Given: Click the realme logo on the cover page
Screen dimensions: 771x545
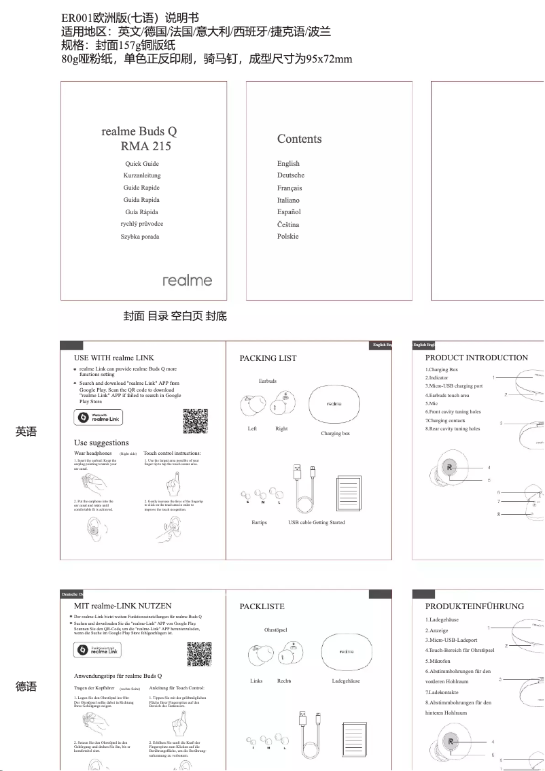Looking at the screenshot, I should click(187, 280).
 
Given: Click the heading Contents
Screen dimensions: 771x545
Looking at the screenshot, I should click(299, 139).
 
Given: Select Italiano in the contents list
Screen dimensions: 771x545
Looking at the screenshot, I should click(288, 200).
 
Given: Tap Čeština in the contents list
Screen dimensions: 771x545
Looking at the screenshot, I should click(288, 224).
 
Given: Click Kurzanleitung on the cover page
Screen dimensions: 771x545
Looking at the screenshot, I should click(141, 175).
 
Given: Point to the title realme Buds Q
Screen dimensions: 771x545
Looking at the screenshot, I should click(139, 131).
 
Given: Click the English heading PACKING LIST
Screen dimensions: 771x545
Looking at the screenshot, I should click(268, 358).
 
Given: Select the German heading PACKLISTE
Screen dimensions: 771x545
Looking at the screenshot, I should click(262, 606).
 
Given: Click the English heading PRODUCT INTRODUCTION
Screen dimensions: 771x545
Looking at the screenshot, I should click(476, 358).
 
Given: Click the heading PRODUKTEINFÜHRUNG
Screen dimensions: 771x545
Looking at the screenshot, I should click(474, 606).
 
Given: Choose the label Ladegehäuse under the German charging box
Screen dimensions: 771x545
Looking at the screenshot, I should click(346, 681).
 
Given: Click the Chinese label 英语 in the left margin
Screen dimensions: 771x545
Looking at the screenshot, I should click(26, 432).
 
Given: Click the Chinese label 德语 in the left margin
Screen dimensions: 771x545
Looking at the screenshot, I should click(26, 687).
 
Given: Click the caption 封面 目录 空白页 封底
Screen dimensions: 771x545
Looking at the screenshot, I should click(175, 316).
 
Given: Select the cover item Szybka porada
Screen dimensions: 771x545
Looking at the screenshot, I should click(140, 237).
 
